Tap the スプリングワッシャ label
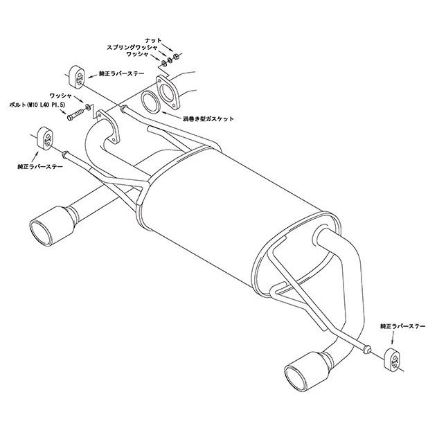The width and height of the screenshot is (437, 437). click(132, 48)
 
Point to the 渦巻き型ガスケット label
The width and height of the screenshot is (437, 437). click(208, 119)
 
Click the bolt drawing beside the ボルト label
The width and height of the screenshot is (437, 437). click(75, 114)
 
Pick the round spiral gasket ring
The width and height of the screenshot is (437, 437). click(150, 102)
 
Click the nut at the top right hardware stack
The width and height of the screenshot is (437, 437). click(176, 56)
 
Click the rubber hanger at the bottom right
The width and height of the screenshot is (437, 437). click(394, 359)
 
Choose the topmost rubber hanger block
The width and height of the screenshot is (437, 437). click(75, 75)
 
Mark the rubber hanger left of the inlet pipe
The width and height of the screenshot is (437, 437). click(45, 139)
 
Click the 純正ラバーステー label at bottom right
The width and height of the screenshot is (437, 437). click(403, 325)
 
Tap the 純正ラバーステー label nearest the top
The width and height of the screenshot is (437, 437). click(122, 74)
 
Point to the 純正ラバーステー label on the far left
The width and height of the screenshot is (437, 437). click(40, 167)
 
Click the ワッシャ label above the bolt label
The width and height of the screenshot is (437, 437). click(61, 96)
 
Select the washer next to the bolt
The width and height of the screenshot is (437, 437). click(88, 107)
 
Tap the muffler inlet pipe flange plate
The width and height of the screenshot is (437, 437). click(108, 127)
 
